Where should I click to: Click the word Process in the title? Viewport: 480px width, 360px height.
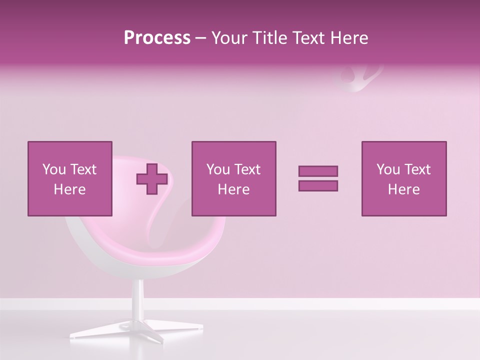(x=157, y=38)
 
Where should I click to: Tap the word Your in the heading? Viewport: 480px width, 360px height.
(x=229, y=38)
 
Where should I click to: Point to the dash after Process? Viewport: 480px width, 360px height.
(x=201, y=38)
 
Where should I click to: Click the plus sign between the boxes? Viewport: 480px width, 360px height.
(x=152, y=178)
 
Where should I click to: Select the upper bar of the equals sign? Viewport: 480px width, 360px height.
(x=318, y=171)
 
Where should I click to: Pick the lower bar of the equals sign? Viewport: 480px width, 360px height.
(x=318, y=186)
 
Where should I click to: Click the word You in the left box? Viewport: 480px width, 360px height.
(x=53, y=169)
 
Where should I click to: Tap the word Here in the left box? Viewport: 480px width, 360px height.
(x=69, y=189)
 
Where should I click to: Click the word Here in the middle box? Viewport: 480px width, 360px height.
(x=233, y=189)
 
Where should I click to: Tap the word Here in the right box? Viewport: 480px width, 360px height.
(x=403, y=189)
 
